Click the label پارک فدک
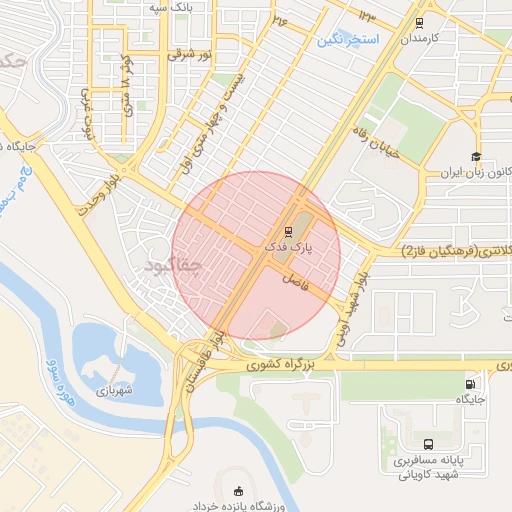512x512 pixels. click(x=290, y=245)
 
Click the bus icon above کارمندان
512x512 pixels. click(x=418, y=20)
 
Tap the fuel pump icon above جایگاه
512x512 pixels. click(x=471, y=384)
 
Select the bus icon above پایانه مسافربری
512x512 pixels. click(x=428, y=444)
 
